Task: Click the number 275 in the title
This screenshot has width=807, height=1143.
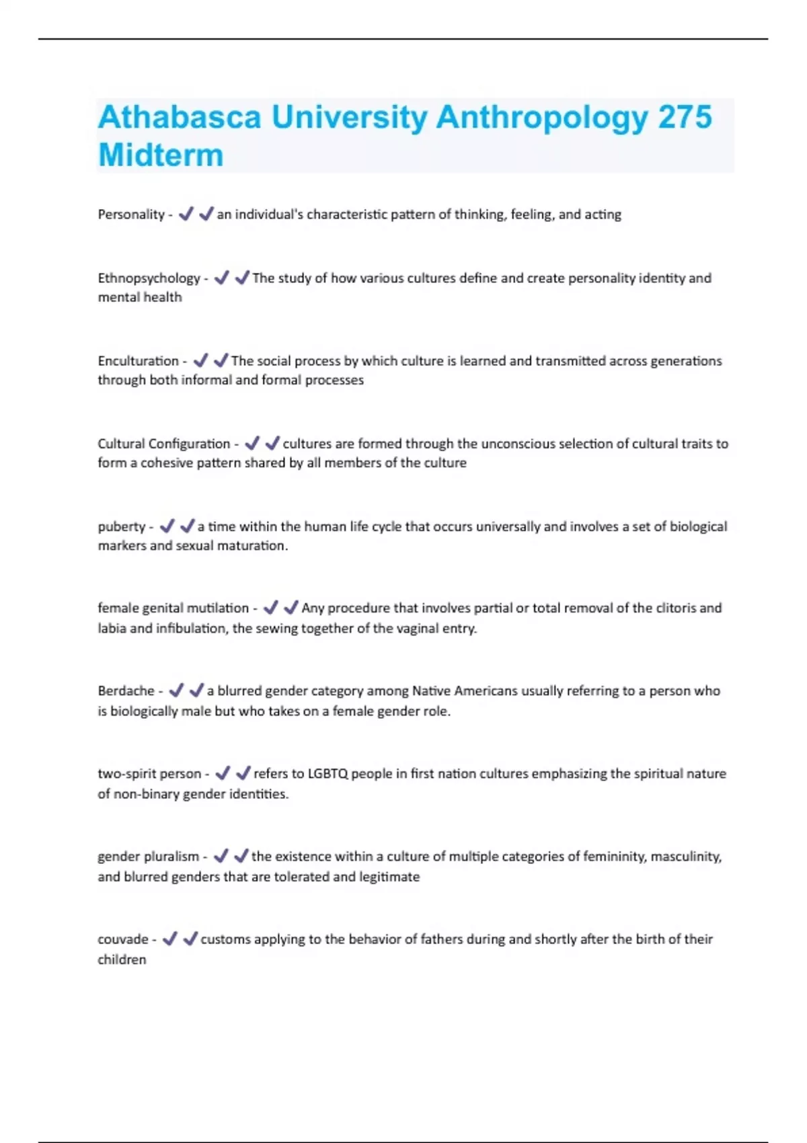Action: pyautogui.click(x=685, y=117)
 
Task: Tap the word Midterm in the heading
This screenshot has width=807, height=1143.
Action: pyautogui.click(x=161, y=155)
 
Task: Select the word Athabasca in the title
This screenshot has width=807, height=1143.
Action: pyautogui.click(x=179, y=117)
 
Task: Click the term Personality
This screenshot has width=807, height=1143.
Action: pyautogui.click(x=130, y=214)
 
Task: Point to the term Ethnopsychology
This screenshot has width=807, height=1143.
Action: pyautogui.click(x=149, y=278)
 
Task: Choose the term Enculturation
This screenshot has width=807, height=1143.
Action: pyautogui.click(x=138, y=361)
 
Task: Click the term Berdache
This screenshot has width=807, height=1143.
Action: pyautogui.click(x=126, y=691)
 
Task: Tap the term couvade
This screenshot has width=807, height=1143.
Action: pyautogui.click(x=122, y=939)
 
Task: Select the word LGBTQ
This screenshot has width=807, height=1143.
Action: pyautogui.click(x=328, y=774)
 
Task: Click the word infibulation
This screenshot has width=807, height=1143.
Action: pyautogui.click(x=192, y=629)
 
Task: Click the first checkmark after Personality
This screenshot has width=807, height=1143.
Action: pyautogui.click(x=186, y=214)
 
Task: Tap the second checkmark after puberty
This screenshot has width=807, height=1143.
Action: pyautogui.click(x=187, y=526)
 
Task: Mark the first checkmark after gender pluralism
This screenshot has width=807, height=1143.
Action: pyautogui.click(x=221, y=856)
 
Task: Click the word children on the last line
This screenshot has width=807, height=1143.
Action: pyautogui.click(x=122, y=959)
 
